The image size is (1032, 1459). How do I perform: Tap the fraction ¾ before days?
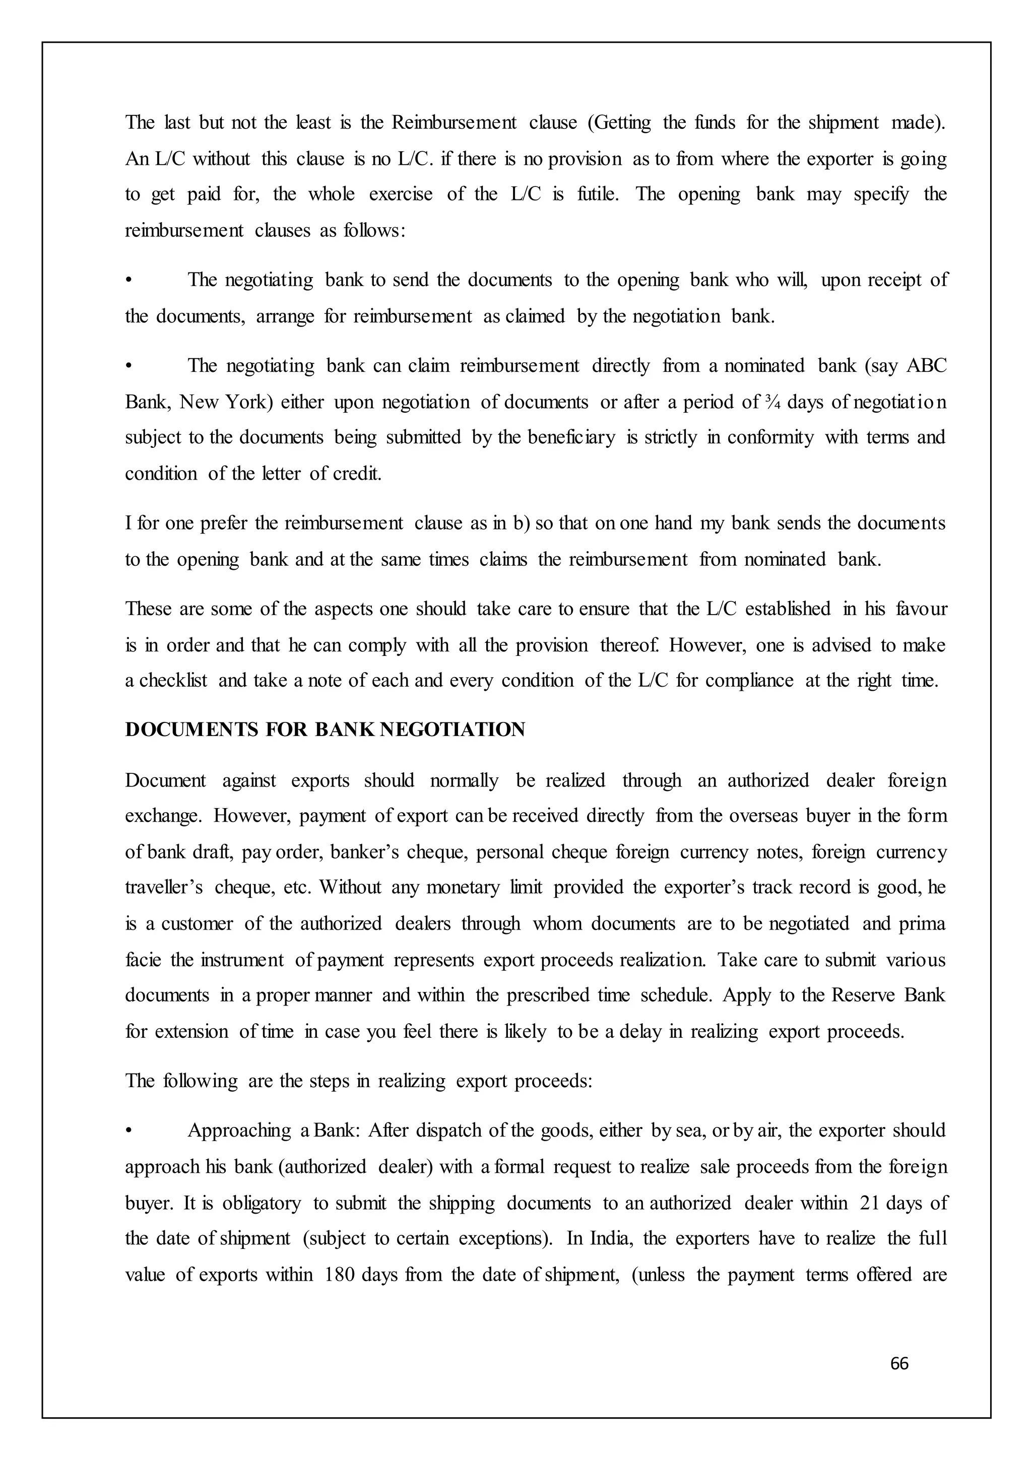(x=772, y=402)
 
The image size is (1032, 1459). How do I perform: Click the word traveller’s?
(x=164, y=887)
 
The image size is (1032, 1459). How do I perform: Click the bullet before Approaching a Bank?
(x=129, y=1131)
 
